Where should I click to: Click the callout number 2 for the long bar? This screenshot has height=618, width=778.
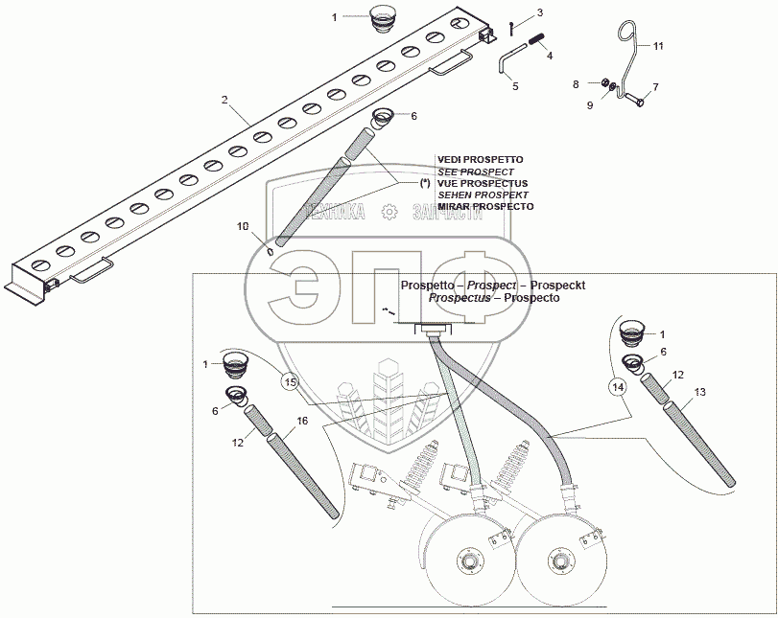(224, 100)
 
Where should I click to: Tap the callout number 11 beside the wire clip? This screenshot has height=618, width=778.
(658, 46)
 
